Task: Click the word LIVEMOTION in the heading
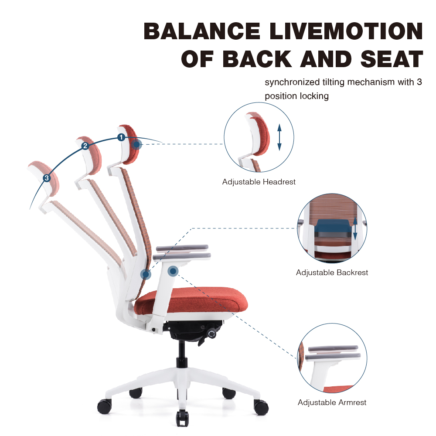pos(346,31)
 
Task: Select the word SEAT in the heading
pos(392,59)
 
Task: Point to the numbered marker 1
pos(121,137)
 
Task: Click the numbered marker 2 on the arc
pos(85,146)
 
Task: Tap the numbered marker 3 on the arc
pos(47,178)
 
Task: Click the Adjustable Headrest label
pos(259,182)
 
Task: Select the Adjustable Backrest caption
pos(332,272)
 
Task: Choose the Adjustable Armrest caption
pos(332,402)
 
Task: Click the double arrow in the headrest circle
pos(279,137)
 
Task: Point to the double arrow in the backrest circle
pos(355,228)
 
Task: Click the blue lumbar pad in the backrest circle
pos(332,226)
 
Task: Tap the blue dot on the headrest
pos(136,145)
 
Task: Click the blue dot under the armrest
pos(173,271)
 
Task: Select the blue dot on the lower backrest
pos(146,274)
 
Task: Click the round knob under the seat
pos(211,334)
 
